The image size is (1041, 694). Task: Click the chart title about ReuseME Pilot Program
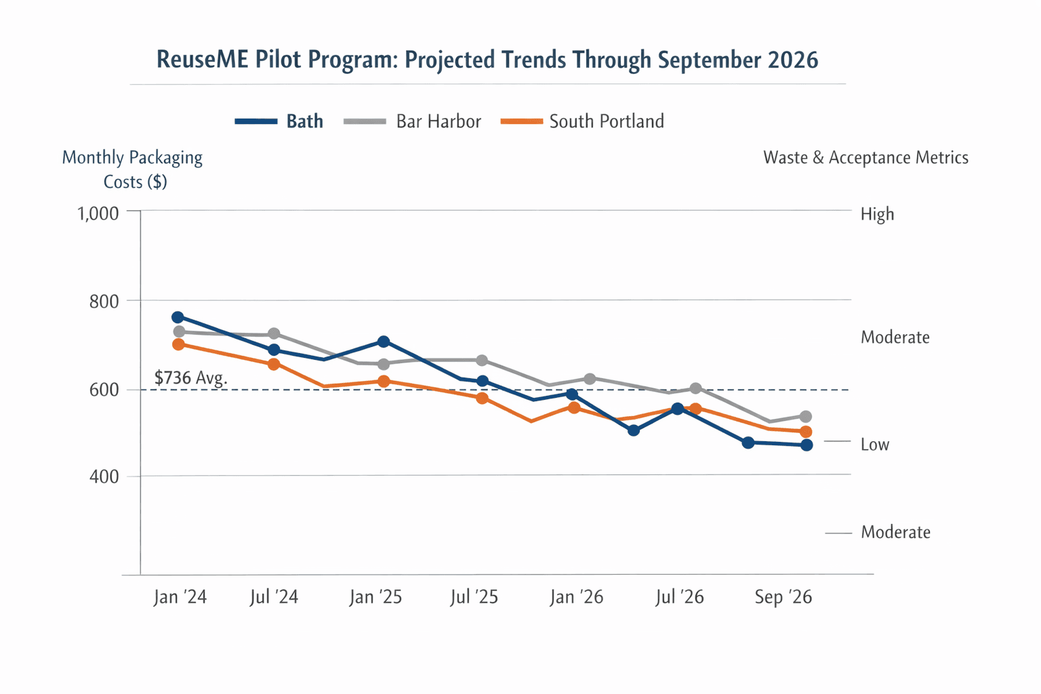[487, 60]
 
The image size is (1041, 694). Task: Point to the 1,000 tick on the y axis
[98, 213]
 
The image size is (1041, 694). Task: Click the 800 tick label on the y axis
[104, 301]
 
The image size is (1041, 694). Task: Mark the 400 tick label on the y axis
[104, 476]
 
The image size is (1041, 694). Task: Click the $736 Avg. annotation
[190, 377]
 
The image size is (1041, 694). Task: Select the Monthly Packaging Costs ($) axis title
[133, 169]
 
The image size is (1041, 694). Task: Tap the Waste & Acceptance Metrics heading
[865, 158]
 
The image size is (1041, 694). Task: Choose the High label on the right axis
[877, 214]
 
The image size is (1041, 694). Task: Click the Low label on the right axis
[874, 445]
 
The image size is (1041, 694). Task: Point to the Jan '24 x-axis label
[180, 597]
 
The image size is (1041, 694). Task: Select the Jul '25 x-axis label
[474, 597]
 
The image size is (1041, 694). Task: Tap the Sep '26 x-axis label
[783, 597]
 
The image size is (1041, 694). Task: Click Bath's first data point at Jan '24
[178, 317]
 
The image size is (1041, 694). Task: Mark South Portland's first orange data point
[178, 344]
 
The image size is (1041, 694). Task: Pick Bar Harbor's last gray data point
[805, 417]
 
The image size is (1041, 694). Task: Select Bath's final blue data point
[807, 445]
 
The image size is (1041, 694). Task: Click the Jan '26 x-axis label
[576, 597]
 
